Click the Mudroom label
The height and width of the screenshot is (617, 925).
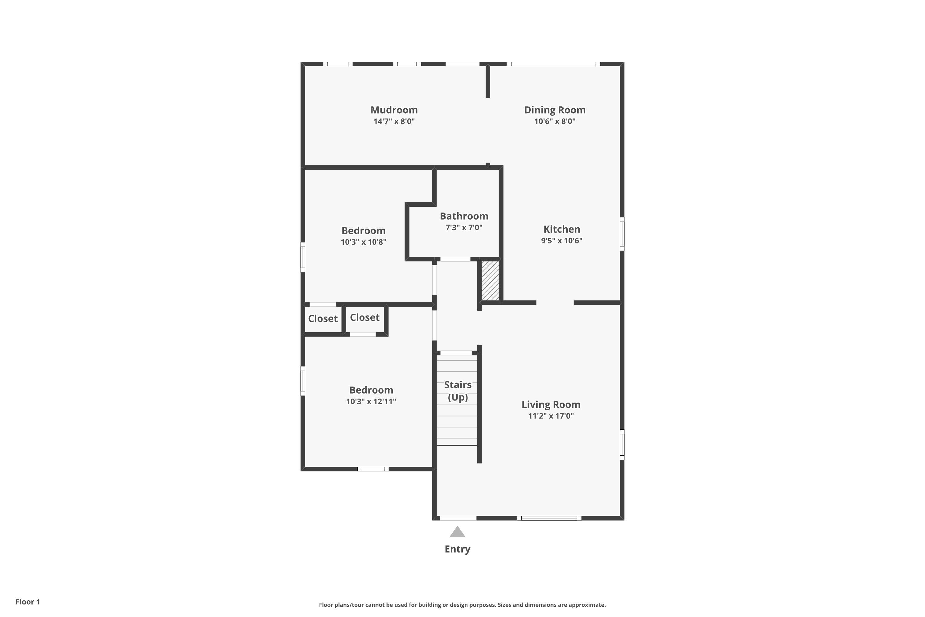point(394,110)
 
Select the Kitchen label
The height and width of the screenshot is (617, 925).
point(561,229)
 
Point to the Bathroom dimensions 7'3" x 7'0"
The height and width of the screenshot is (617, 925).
point(464,227)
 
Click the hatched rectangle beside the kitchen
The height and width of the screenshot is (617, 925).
point(490,280)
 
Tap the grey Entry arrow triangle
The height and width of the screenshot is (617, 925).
point(457,532)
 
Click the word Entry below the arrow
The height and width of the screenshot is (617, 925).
point(457,549)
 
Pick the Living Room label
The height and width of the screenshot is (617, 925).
point(551,404)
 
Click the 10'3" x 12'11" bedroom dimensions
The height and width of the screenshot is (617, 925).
point(371,401)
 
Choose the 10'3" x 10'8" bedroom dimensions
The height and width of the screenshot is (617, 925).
point(364,242)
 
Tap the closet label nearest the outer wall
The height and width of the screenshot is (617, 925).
point(323,319)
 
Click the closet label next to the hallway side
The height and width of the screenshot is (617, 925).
point(364,317)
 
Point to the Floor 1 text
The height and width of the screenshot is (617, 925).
point(27,602)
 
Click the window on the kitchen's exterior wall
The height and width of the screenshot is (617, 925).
point(622,234)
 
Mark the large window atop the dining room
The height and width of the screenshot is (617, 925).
point(553,64)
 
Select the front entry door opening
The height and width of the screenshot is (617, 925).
point(458,518)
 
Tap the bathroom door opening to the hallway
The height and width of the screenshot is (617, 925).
point(455,259)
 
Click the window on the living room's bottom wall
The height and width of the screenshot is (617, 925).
point(549,518)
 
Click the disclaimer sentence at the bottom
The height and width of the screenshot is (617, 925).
point(462,605)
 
